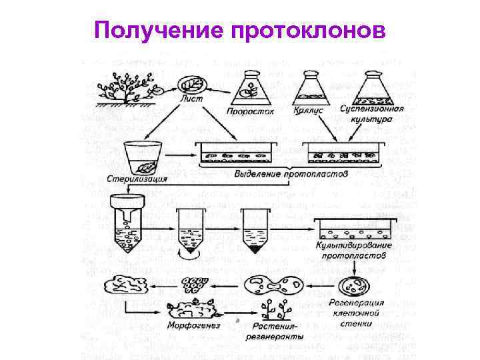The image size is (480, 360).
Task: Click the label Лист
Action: click(191, 99)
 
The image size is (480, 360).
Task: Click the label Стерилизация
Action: click(137, 179)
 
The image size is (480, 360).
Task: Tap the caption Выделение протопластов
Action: click(292, 174)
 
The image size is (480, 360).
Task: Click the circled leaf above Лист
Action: click(192, 83)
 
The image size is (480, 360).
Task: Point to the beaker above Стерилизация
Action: click(141, 157)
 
